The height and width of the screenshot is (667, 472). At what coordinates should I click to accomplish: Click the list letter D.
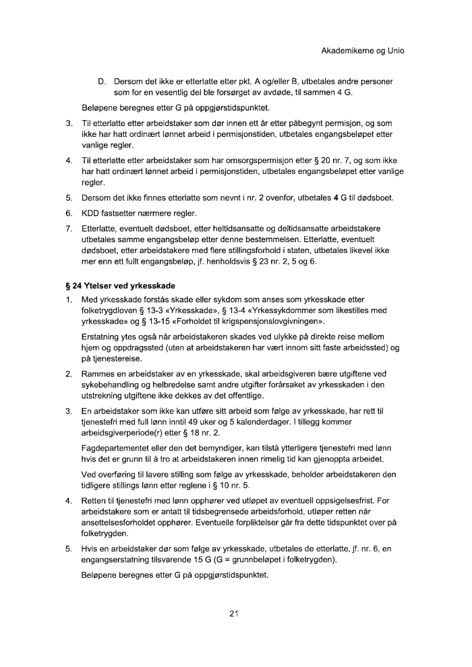coord(102,82)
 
